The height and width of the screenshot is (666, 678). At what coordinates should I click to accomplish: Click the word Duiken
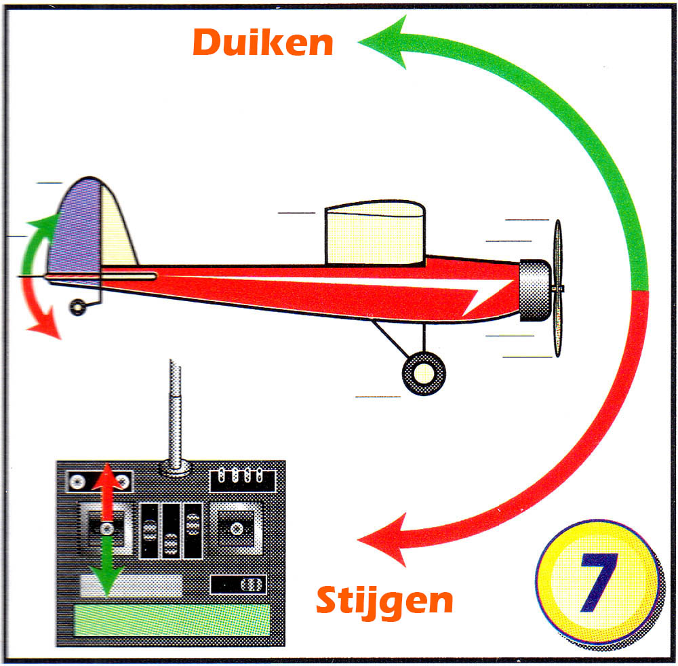coord(263,42)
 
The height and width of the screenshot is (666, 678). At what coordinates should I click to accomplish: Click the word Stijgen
coord(384,600)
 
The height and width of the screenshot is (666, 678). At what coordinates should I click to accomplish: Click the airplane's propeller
coord(558,288)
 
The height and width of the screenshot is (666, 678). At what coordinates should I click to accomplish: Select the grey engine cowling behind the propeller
coord(536,291)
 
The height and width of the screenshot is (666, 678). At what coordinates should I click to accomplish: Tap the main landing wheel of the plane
coord(424,373)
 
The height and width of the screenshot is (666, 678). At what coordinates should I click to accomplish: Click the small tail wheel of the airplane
coord(78,307)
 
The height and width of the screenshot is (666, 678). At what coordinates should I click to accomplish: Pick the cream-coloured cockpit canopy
coord(375,233)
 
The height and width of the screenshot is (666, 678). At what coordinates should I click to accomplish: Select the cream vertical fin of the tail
coord(117,229)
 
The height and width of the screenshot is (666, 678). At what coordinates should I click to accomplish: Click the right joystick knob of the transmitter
coord(237,528)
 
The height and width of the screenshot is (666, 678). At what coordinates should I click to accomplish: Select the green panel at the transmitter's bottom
coord(172,620)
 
